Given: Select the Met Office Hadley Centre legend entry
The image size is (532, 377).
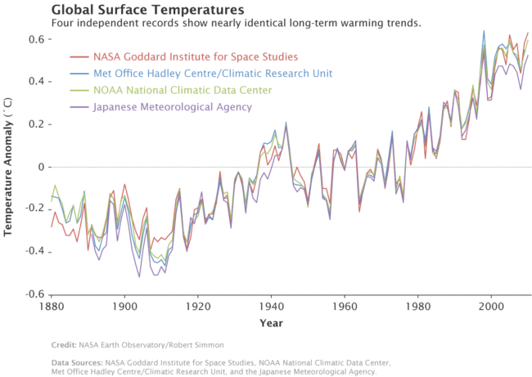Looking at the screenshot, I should coord(213,74).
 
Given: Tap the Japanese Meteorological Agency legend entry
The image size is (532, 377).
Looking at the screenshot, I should coord(173,107).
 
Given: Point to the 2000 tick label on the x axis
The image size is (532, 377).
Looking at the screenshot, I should coord(492,306).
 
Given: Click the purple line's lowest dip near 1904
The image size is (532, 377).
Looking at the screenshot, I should coord(139,276).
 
